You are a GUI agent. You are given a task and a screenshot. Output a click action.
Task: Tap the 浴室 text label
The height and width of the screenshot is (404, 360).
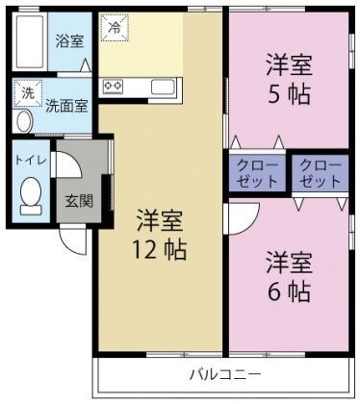69,41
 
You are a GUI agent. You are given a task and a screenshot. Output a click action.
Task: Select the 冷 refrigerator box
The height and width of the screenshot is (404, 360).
113,29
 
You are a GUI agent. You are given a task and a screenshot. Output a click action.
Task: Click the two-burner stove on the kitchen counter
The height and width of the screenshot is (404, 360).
113,87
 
